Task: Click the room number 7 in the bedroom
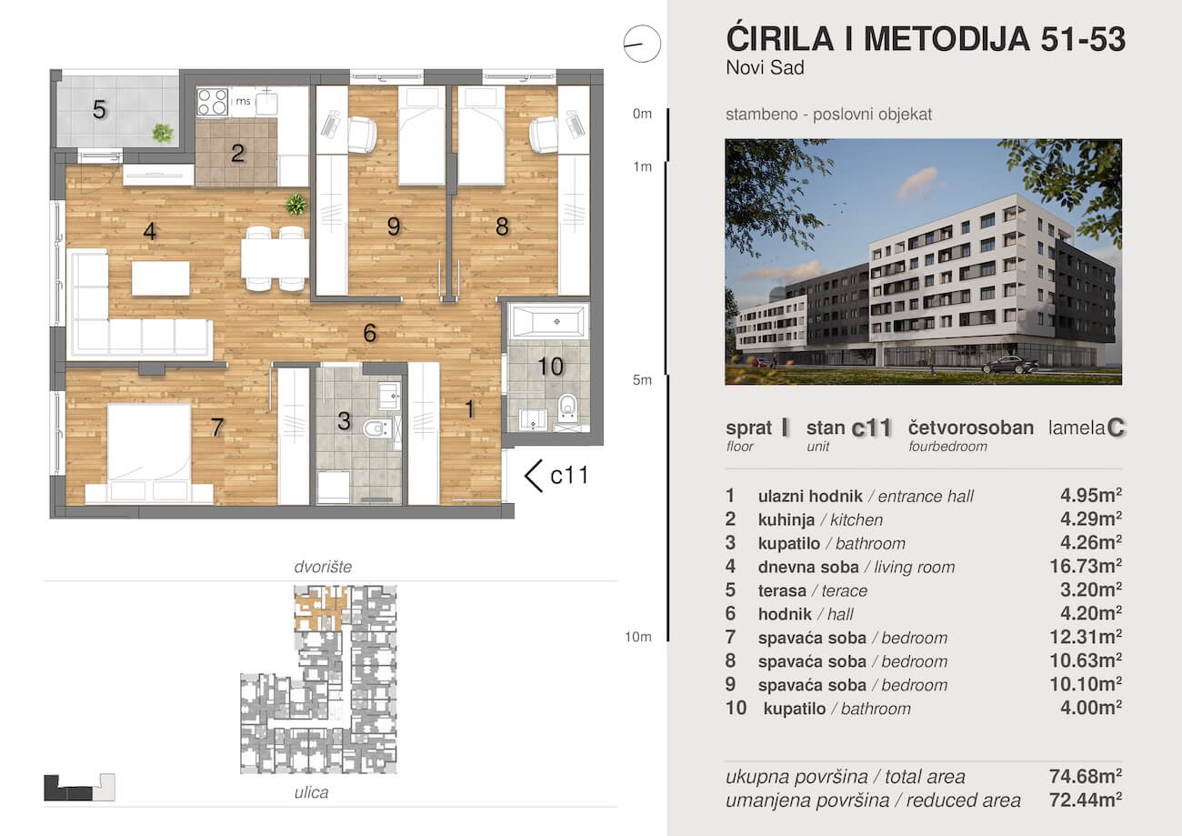[x=216, y=428]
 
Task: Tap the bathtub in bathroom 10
[x=548, y=322]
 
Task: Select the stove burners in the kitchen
[x=212, y=102]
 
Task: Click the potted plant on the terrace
[x=163, y=133]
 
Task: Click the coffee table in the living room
[x=160, y=278]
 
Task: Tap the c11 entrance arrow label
[x=556, y=474]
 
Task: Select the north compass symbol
[x=640, y=42]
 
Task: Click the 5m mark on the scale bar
[x=642, y=380]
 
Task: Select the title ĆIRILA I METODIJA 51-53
[x=926, y=39]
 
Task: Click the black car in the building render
[x=1009, y=365]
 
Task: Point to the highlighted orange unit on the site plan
[x=320, y=606]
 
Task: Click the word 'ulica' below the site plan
[x=311, y=792]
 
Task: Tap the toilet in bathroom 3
[x=375, y=428]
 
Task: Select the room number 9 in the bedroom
[x=393, y=227]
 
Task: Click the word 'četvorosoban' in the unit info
[x=970, y=428]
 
